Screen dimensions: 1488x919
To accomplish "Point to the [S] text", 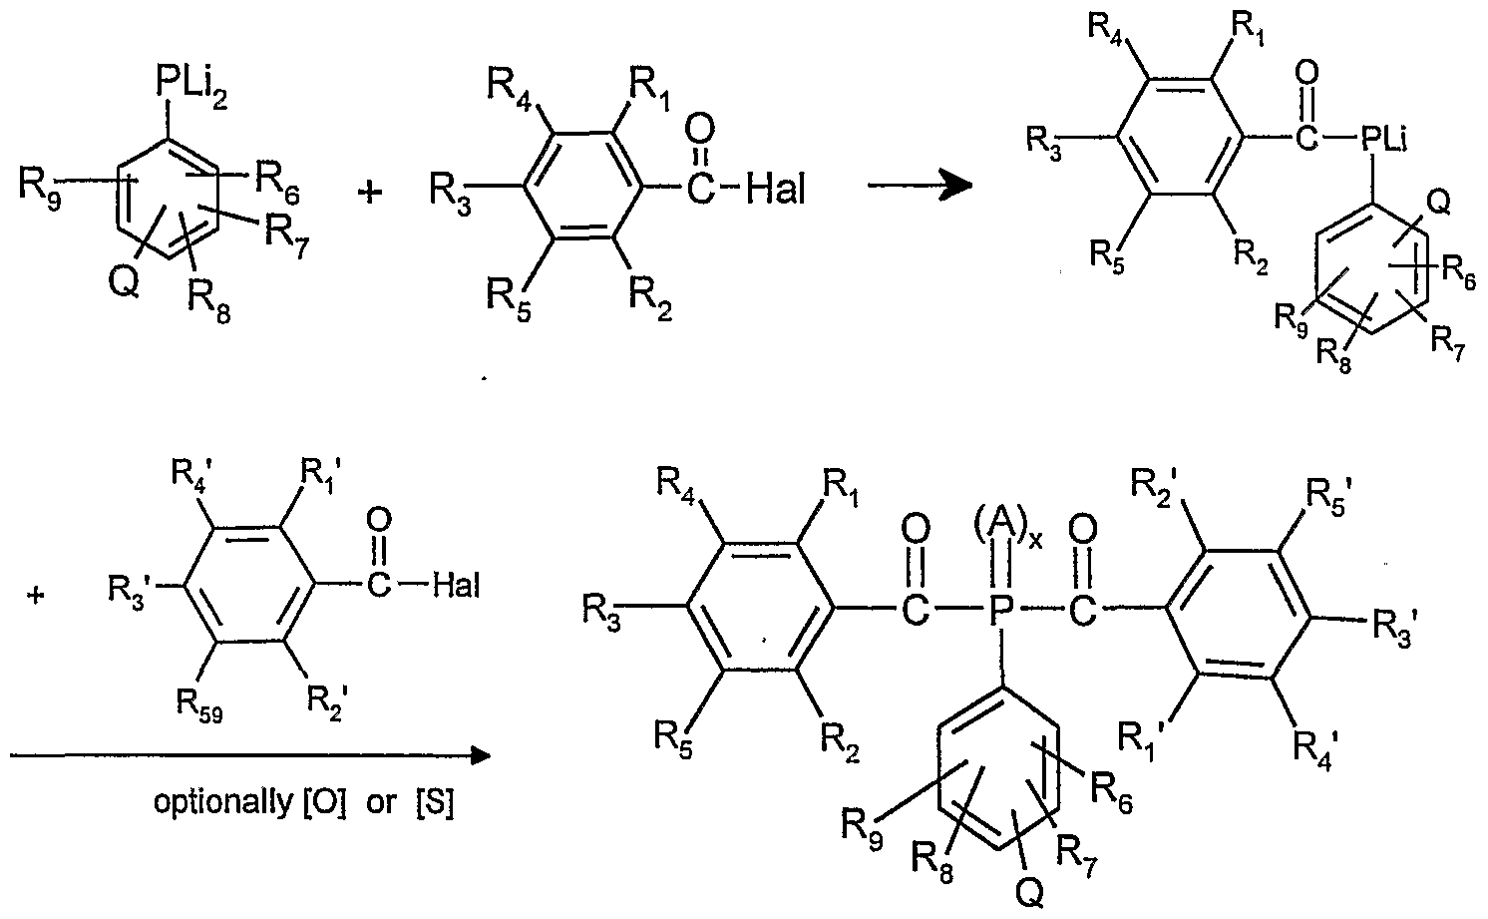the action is pyautogui.click(x=433, y=804).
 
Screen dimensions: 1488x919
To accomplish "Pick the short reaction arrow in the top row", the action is pyautogui.click(x=919, y=186).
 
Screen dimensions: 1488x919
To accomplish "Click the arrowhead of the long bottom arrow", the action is pyautogui.click(x=481, y=755).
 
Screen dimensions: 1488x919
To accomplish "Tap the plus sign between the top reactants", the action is pyautogui.click(x=370, y=191).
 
